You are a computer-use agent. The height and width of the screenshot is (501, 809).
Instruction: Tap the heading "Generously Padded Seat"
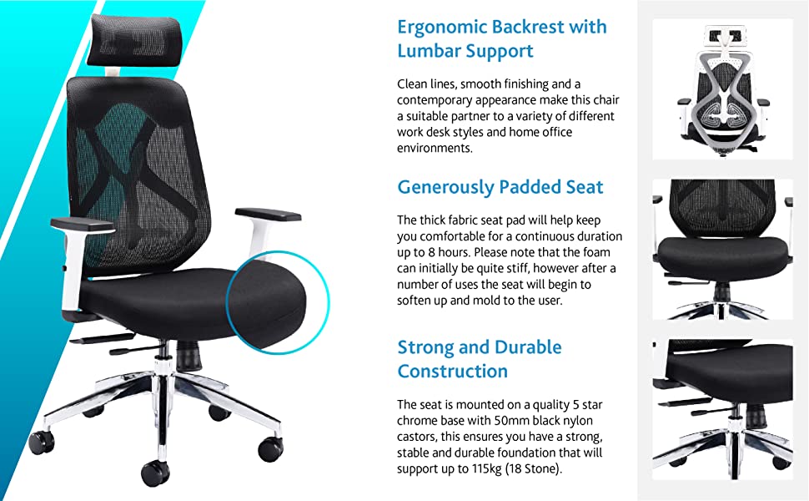click(500, 187)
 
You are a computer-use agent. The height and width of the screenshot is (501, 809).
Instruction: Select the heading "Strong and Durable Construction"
click(479, 359)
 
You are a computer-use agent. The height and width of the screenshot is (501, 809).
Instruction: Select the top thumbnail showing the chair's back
click(721, 89)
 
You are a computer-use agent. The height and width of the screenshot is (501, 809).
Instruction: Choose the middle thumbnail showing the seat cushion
click(721, 248)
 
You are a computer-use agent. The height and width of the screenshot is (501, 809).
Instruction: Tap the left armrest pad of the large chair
click(82, 224)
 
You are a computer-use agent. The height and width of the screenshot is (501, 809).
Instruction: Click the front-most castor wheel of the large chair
click(155, 473)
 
